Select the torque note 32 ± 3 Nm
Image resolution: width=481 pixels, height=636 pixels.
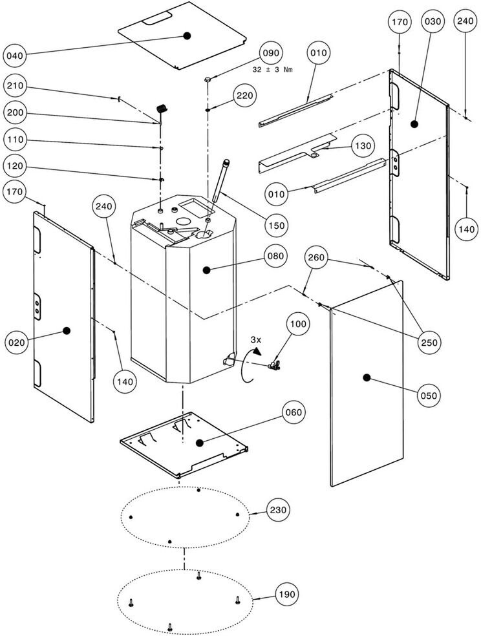(272, 69)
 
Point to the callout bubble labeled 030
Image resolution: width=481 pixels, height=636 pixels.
(433, 22)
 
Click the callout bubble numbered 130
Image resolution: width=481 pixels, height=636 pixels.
(363, 146)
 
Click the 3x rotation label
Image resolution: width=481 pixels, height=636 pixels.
(256, 339)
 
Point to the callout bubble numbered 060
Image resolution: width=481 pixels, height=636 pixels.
(294, 412)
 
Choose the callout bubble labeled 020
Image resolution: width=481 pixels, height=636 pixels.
(17, 342)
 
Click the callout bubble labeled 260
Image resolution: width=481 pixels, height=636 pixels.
(316, 258)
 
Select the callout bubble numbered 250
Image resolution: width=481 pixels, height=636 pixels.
(428, 342)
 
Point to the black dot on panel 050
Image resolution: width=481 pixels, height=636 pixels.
(366, 377)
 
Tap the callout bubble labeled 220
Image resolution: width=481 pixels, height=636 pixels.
(245, 96)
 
